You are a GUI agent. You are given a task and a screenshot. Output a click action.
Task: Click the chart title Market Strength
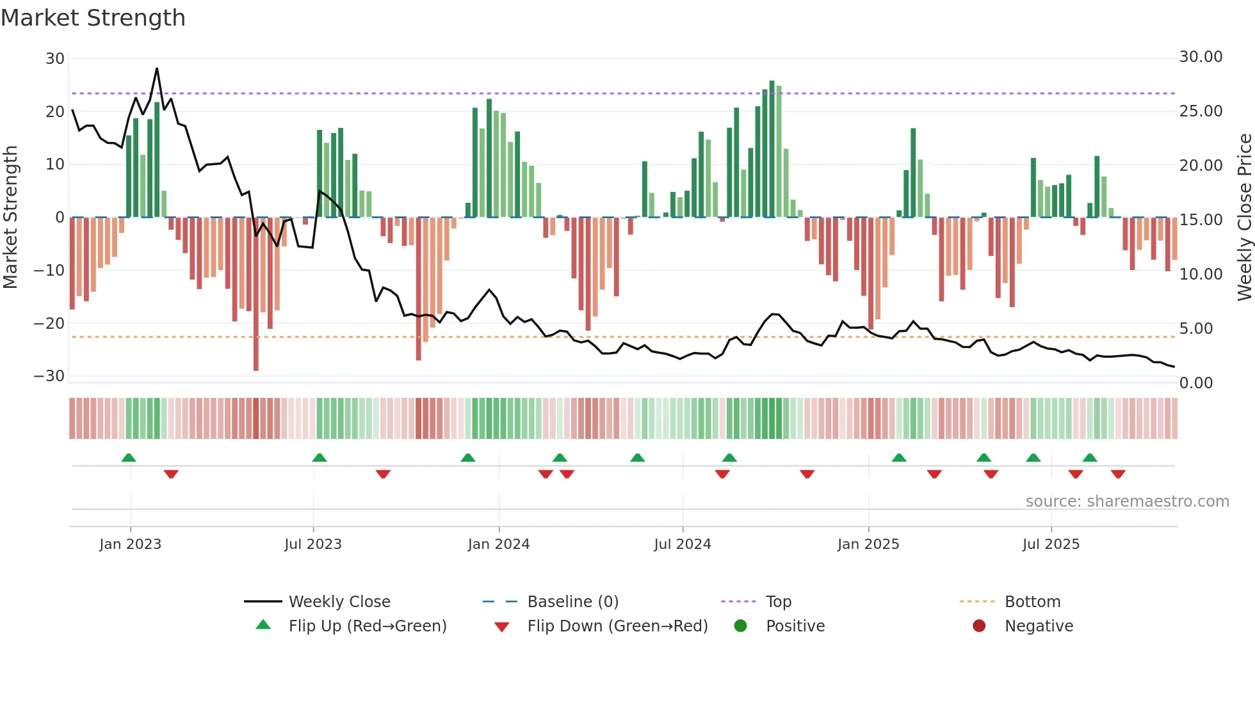tap(93, 18)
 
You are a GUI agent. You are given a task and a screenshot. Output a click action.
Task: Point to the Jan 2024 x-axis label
tap(499, 544)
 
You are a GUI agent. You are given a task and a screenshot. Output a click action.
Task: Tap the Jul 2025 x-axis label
tap(1051, 544)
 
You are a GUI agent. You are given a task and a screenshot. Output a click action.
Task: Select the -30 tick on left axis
tap(49, 376)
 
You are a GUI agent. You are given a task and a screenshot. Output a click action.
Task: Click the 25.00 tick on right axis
tap(1201, 111)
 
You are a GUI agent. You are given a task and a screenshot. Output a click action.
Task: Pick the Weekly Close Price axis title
tap(1244, 218)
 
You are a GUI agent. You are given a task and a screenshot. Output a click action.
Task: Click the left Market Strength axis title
tap(10, 218)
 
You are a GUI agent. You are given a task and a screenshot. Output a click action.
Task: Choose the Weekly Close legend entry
tap(339, 602)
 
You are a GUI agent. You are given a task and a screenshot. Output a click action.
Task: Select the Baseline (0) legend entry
tap(572, 602)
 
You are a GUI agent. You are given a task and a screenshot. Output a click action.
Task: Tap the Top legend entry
tap(779, 602)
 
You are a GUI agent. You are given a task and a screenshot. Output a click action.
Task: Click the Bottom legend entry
tap(1032, 602)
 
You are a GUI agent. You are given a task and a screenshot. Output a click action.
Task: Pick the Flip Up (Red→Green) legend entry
tap(367, 626)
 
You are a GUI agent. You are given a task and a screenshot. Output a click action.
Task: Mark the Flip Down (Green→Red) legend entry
tap(617, 626)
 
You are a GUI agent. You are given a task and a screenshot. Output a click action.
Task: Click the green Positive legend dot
tap(740, 626)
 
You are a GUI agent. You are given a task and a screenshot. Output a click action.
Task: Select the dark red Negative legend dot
tap(979, 626)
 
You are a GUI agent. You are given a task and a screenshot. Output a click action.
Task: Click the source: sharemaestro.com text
tap(1127, 502)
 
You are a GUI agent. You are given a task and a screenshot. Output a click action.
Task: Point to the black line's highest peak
tap(157, 68)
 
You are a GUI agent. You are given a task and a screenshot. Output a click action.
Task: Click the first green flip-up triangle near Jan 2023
tap(129, 458)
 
